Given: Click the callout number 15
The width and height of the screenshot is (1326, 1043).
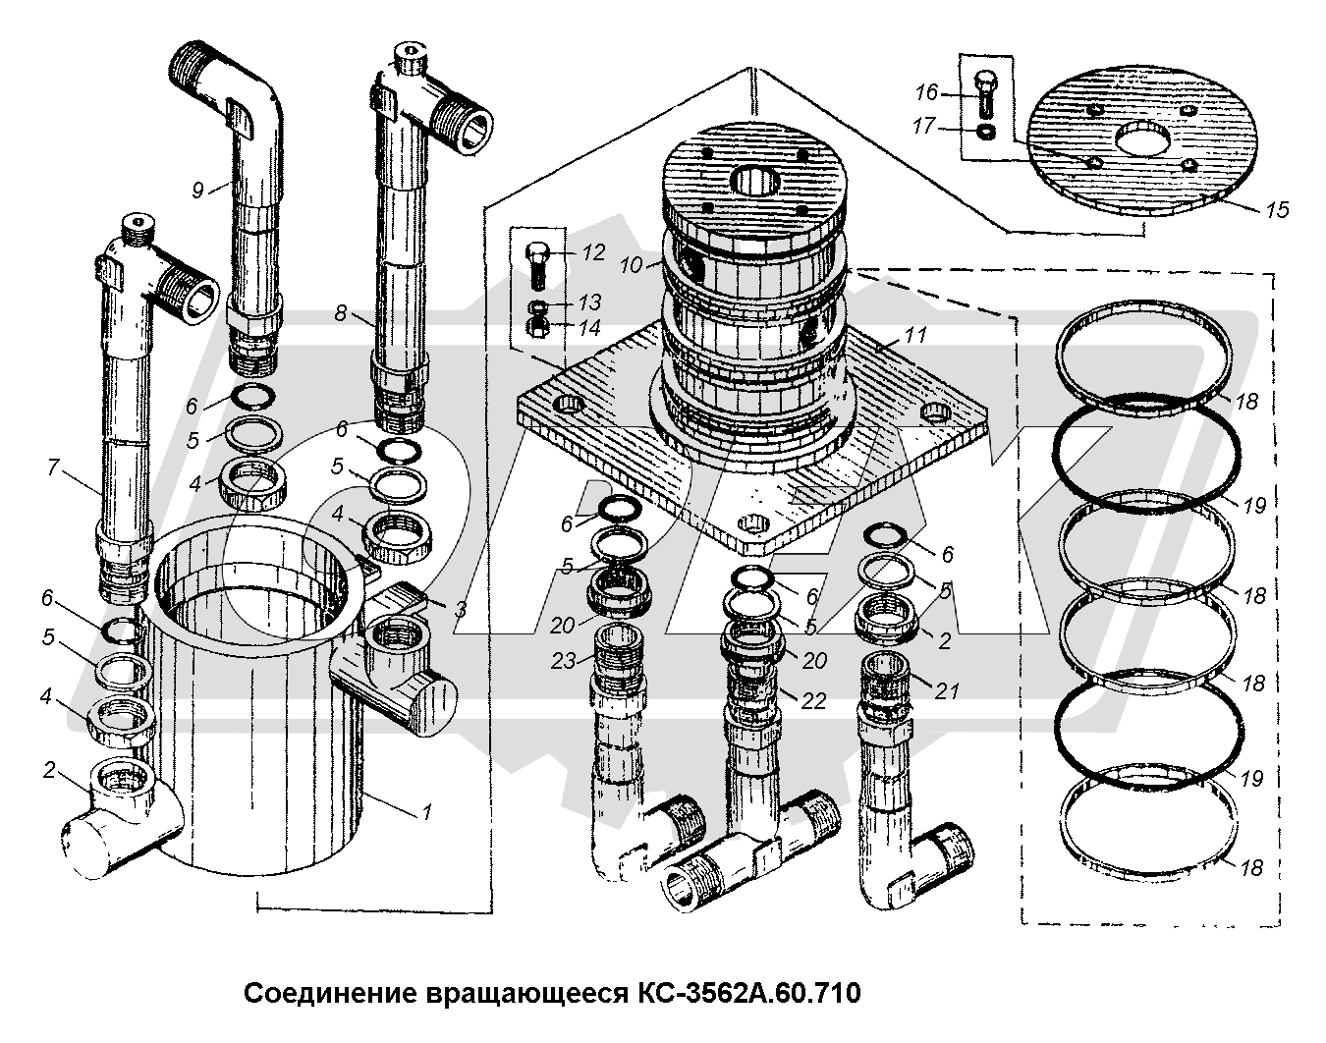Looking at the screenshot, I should [x=1277, y=210].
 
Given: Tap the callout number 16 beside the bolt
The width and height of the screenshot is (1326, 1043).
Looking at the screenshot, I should [x=926, y=92].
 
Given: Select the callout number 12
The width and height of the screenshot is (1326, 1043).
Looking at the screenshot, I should [x=592, y=252].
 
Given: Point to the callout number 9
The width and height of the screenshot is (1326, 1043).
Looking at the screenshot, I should [x=199, y=189].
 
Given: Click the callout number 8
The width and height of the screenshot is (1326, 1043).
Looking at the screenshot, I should [x=341, y=314].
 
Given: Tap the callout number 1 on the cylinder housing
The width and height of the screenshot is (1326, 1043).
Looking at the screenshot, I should [x=426, y=811].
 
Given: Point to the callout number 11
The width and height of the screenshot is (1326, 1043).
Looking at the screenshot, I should [x=915, y=336].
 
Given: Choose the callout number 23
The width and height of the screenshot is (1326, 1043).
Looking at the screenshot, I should [x=564, y=662].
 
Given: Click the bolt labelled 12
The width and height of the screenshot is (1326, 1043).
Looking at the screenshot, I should [x=538, y=261].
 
